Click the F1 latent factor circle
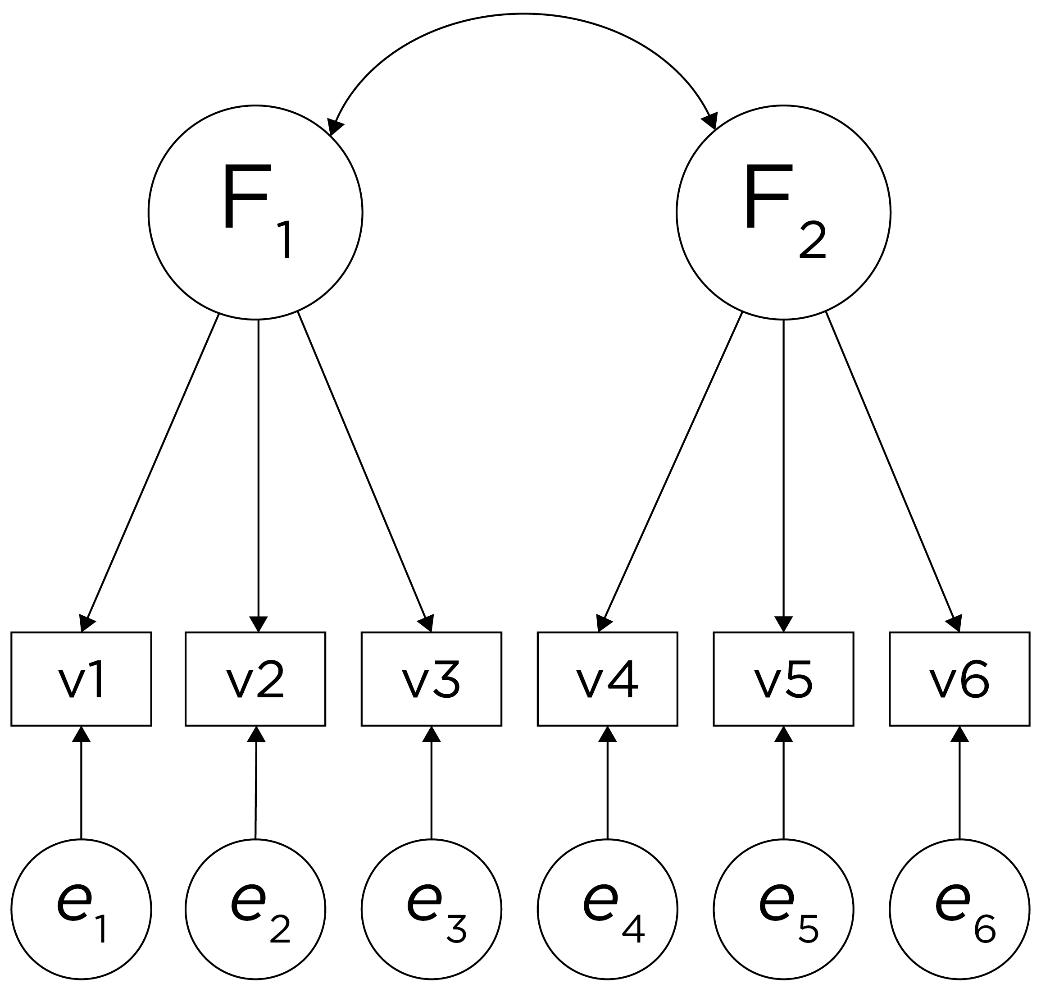click(x=255, y=212)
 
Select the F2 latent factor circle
click(x=783, y=212)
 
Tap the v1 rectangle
click(x=82, y=678)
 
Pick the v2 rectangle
click(x=255, y=678)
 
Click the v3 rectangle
click(x=432, y=678)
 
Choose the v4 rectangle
click(x=607, y=678)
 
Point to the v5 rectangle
click(x=783, y=678)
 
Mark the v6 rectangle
click(x=959, y=678)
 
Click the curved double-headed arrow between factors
click(x=522, y=14)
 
